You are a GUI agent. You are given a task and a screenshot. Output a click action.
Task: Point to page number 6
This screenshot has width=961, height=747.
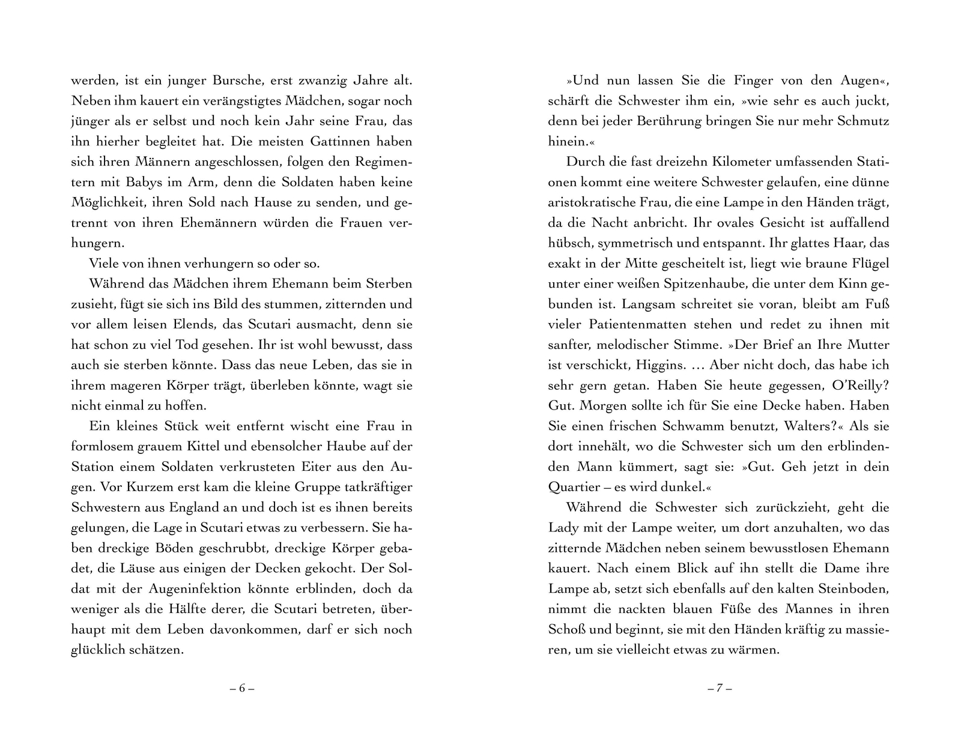click(x=242, y=689)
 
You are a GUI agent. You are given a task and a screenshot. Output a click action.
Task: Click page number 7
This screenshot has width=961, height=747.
click(x=719, y=689)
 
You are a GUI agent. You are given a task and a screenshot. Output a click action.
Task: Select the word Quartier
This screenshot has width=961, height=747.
click(x=575, y=488)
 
